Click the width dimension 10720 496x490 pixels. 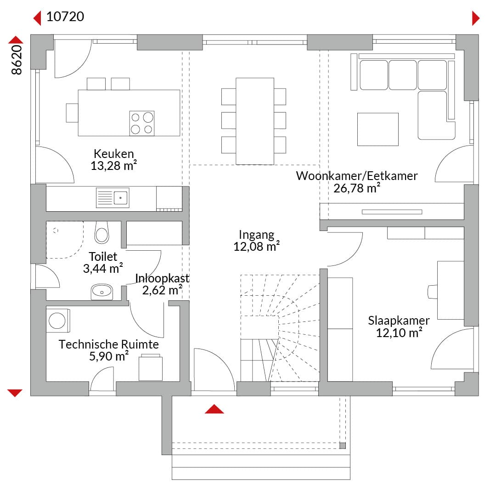[x=65, y=17]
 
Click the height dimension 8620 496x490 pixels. [x=17, y=60]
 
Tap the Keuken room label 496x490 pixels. [x=114, y=154]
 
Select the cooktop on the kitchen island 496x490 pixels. [x=142, y=124]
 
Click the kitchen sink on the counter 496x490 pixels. [x=113, y=198]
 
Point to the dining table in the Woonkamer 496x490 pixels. [x=255, y=121]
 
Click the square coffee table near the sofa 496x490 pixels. [x=378, y=130]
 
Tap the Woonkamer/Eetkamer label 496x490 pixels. [x=357, y=176]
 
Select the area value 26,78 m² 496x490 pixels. [x=356, y=188]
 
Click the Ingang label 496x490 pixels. [x=257, y=235]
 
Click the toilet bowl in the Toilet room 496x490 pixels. [x=101, y=232]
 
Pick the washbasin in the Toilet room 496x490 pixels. [x=102, y=292]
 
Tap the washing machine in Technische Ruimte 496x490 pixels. [x=58, y=321]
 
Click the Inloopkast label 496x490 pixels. [x=162, y=278]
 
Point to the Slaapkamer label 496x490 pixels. [x=399, y=321]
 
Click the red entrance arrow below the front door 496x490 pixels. [x=214, y=409]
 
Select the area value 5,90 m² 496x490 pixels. [x=109, y=356]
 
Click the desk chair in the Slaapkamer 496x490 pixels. [x=433, y=292]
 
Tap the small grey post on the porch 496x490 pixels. [x=342, y=446]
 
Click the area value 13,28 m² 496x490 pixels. [x=113, y=166]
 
